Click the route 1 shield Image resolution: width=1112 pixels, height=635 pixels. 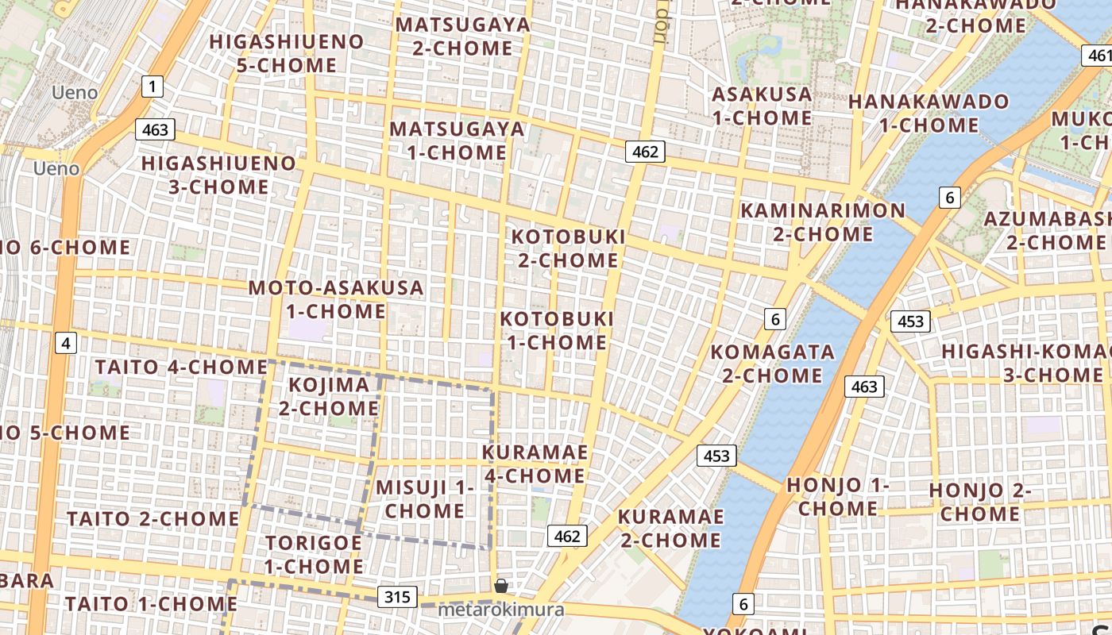pos(153,87)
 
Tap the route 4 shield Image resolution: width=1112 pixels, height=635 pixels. pos(66,343)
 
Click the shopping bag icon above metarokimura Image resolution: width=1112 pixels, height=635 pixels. pos(501,587)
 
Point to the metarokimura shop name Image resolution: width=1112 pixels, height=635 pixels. pos(501,610)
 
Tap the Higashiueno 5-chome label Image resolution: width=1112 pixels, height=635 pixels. pos(287,53)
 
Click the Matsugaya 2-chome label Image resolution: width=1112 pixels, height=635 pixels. pos(462,37)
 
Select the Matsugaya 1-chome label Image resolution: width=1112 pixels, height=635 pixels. pos(457,140)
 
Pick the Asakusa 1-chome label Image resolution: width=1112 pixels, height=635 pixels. pos(762,106)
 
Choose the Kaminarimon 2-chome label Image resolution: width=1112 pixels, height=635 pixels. pos(822,222)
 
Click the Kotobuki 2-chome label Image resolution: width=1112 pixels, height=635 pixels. pos(568,248)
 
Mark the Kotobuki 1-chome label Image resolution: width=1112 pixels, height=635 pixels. pos(557,331)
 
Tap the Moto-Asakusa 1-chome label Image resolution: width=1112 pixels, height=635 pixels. pos(336,299)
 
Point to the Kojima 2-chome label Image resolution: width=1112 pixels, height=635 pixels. pos(328,397)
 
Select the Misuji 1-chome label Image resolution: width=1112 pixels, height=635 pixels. pos(424,499)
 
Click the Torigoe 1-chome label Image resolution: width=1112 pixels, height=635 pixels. pos(314,555)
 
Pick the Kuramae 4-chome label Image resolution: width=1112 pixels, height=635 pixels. pos(535,464)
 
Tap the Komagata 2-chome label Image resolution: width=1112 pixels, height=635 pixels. pos(772,364)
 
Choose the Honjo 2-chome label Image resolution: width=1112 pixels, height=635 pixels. pos(979,502)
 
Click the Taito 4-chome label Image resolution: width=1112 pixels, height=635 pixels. pos(181,368)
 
